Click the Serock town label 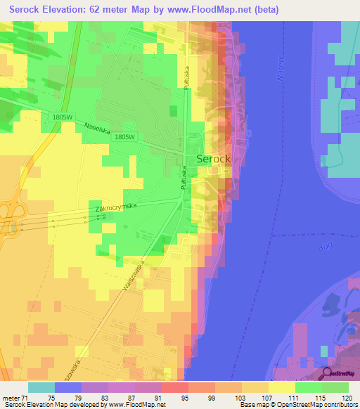(x=213, y=159)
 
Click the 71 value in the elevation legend (x=25, y=397)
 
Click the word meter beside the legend (x=10, y=397)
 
